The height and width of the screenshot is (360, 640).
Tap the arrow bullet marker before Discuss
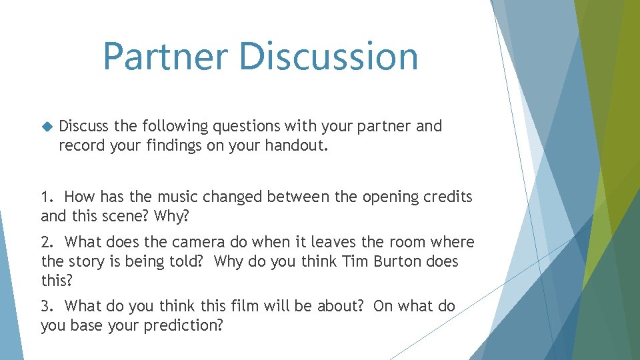pyautogui.click(x=46, y=126)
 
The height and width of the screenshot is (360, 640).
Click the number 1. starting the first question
pyautogui.click(x=48, y=197)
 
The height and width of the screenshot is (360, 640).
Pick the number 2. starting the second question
pyautogui.click(x=48, y=242)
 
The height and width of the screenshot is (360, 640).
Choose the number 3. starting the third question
pyautogui.click(x=48, y=306)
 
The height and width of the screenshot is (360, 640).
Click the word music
pyautogui.click(x=173, y=197)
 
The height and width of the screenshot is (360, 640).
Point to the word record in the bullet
pyautogui.click(x=79, y=145)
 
